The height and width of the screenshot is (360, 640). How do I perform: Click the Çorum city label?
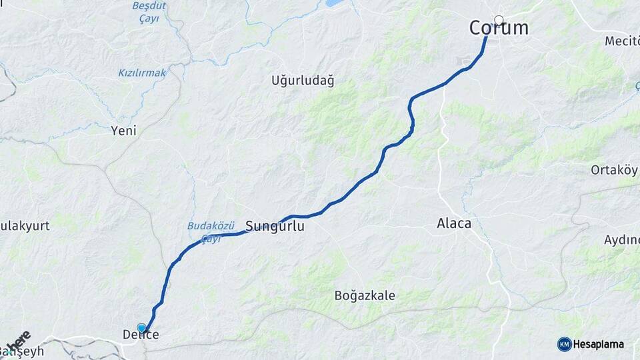[499, 28]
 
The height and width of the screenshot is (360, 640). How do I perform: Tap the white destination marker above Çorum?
[499, 20]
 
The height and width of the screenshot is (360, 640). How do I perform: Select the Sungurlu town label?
[275, 227]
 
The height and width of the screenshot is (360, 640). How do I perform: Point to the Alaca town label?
[453, 223]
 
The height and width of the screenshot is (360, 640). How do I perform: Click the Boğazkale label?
[365, 295]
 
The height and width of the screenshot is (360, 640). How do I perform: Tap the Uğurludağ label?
[303, 81]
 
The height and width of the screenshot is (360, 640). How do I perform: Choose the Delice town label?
[141, 335]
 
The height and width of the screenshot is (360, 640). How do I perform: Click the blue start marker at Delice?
[141, 328]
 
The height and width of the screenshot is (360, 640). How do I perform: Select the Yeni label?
[123, 131]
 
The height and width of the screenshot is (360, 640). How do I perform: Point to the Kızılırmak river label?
[142, 73]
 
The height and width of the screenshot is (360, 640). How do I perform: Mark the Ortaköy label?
[614, 170]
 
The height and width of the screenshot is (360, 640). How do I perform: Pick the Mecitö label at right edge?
[621, 41]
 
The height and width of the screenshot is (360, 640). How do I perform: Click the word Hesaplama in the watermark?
[598, 344]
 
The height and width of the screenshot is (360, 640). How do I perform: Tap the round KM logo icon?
[564, 344]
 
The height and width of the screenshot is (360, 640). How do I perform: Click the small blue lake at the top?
[332, 4]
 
